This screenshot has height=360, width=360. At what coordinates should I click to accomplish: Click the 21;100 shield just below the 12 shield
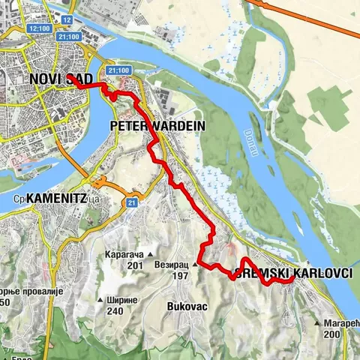coord(69,36)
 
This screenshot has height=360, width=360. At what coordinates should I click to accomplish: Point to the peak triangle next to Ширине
coord(99,300)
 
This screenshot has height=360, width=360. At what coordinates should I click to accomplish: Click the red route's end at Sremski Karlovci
coord(292,280)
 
